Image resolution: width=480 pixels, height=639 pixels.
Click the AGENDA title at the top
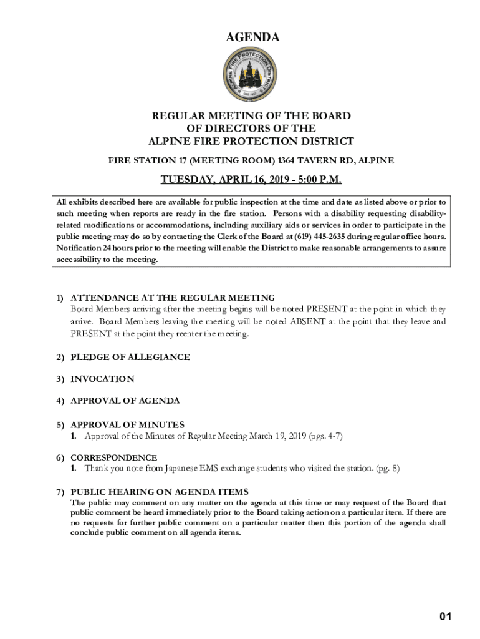click(252, 38)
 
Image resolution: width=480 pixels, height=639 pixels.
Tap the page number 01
click(444, 617)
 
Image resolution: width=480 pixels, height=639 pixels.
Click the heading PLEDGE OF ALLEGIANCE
click(130, 358)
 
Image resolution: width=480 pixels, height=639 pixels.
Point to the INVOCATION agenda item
click(102, 379)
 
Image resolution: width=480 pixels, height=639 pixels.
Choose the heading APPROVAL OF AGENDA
click(125, 401)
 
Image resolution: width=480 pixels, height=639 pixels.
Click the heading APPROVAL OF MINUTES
click(127, 424)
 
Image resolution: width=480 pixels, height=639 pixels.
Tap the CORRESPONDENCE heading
click(113, 457)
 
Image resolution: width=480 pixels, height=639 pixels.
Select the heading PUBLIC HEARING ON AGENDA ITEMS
click(159, 492)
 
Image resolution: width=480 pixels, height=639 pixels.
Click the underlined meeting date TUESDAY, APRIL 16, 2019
click(220, 180)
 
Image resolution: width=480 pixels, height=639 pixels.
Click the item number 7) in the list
click(60, 492)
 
